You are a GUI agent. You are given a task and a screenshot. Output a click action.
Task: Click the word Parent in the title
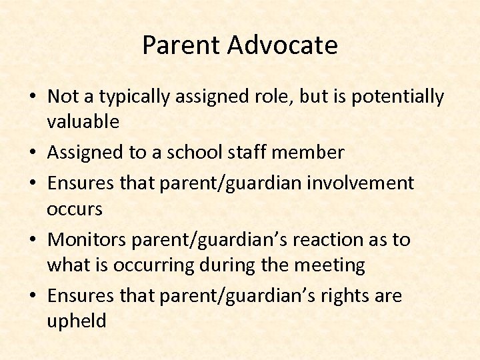click(x=181, y=45)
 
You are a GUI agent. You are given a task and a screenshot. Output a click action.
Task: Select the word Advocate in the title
click(x=283, y=45)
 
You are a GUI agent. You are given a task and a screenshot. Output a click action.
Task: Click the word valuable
click(x=83, y=121)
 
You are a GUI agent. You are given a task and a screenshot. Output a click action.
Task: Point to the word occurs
click(x=75, y=209)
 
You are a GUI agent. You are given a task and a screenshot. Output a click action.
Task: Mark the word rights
click(x=344, y=295)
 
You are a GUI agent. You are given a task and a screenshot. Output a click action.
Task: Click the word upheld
click(x=77, y=321)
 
